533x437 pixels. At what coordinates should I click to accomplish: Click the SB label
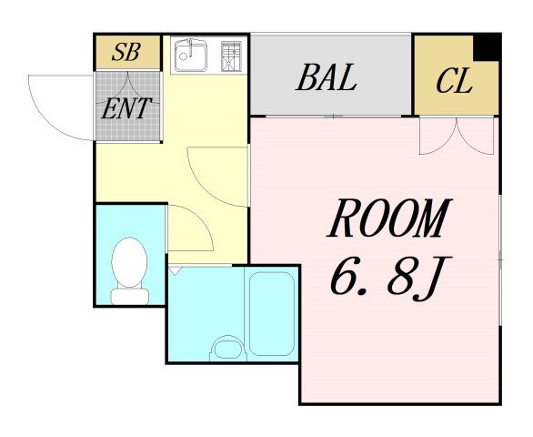126,52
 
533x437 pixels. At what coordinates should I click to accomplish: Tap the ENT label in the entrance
126,108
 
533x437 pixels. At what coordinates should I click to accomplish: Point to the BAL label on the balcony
327,77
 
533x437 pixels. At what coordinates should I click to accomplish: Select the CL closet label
455,81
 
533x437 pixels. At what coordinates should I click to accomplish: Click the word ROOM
389,218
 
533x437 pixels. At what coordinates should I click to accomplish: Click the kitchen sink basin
190,56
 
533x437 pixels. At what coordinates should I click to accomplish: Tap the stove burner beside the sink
231,56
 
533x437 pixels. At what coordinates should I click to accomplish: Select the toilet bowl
129,261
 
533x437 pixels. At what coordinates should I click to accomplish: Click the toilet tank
130,296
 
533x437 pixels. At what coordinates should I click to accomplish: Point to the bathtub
272,313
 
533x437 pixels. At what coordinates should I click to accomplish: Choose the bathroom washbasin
227,348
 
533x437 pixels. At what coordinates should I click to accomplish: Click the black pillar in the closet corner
488,47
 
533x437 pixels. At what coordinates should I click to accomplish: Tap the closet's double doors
457,136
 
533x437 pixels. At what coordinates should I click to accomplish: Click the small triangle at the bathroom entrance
174,271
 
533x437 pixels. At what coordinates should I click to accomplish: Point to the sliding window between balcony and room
334,117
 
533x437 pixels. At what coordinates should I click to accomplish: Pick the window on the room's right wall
500,260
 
